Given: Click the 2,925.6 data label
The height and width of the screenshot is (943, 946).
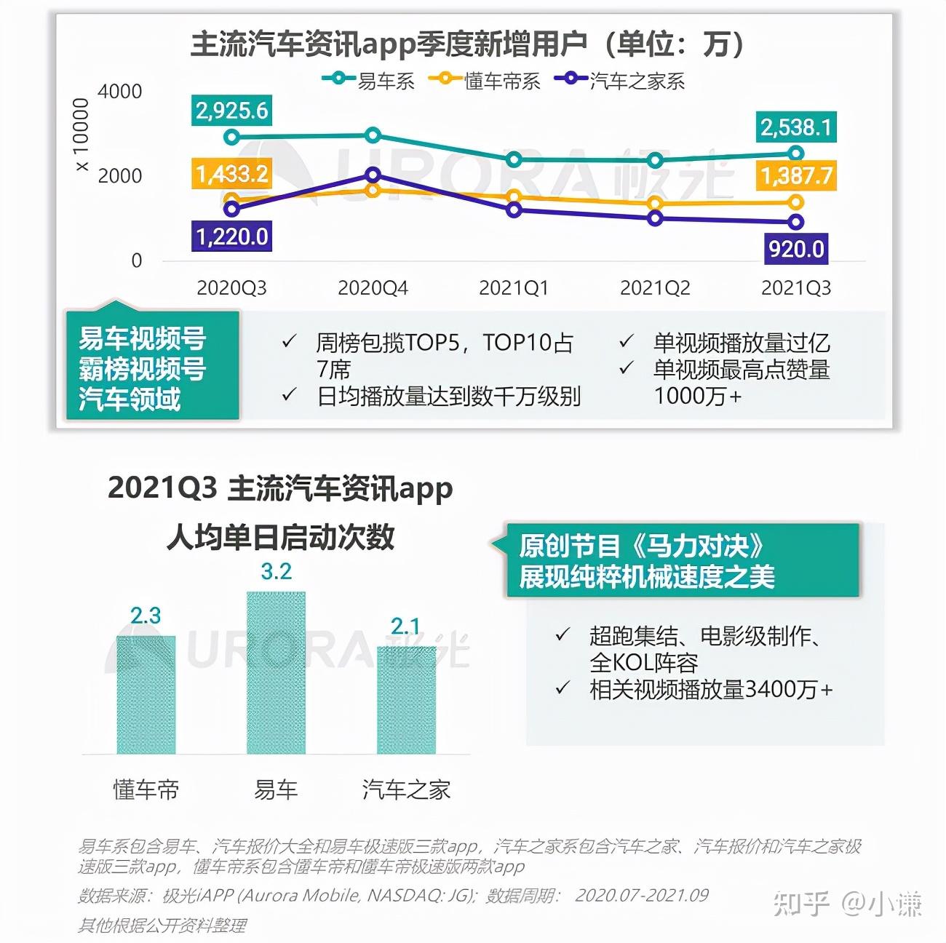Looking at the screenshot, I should click(231, 111).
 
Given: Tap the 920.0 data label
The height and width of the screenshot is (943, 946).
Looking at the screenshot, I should click(796, 249).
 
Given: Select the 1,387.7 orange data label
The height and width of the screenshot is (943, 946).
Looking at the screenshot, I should click(796, 175).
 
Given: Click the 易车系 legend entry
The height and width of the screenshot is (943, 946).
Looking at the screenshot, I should click(369, 80).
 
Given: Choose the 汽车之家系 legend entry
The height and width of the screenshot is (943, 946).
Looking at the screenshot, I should click(620, 80).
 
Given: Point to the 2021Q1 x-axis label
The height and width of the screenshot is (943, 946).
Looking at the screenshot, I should click(514, 288).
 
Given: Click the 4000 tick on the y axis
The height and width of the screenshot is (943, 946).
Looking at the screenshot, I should click(120, 92).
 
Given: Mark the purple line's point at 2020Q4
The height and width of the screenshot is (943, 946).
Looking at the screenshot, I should click(373, 175).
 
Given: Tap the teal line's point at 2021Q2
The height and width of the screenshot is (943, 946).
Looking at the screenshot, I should click(655, 160).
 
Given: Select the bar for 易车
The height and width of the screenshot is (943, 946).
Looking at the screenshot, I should click(276, 673).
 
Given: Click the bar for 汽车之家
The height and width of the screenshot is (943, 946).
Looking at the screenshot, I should click(406, 700).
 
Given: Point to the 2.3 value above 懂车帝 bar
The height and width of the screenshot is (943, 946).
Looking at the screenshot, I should click(146, 616).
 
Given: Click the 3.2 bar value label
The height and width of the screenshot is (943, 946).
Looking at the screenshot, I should click(277, 572).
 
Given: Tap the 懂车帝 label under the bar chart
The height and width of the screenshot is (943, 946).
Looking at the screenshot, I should click(146, 789).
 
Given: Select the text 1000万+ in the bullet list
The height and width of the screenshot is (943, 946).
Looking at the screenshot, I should click(697, 396).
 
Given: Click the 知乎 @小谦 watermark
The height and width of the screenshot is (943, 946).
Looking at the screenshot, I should click(847, 903).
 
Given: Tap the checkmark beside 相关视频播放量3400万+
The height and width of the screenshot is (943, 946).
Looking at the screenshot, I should click(562, 688).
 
